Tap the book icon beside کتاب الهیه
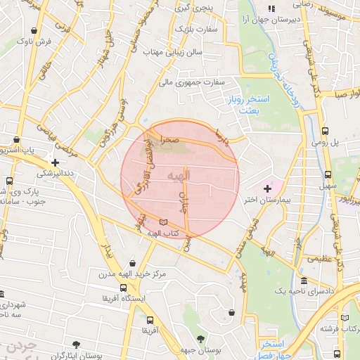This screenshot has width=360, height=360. click(x=164, y=223)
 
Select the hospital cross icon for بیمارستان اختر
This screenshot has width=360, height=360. click(x=267, y=189)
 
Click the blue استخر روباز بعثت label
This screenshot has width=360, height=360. click(x=244, y=106)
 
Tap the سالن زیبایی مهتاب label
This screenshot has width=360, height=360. click(x=172, y=52)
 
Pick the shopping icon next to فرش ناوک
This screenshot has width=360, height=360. click(x=36, y=31)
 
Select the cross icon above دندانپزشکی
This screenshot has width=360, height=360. click(x=55, y=162)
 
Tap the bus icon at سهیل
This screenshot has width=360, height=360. click(x=328, y=175)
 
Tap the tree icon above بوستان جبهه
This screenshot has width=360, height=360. click(x=201, y=339)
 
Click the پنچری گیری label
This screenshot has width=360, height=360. click(x=192, y=8)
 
